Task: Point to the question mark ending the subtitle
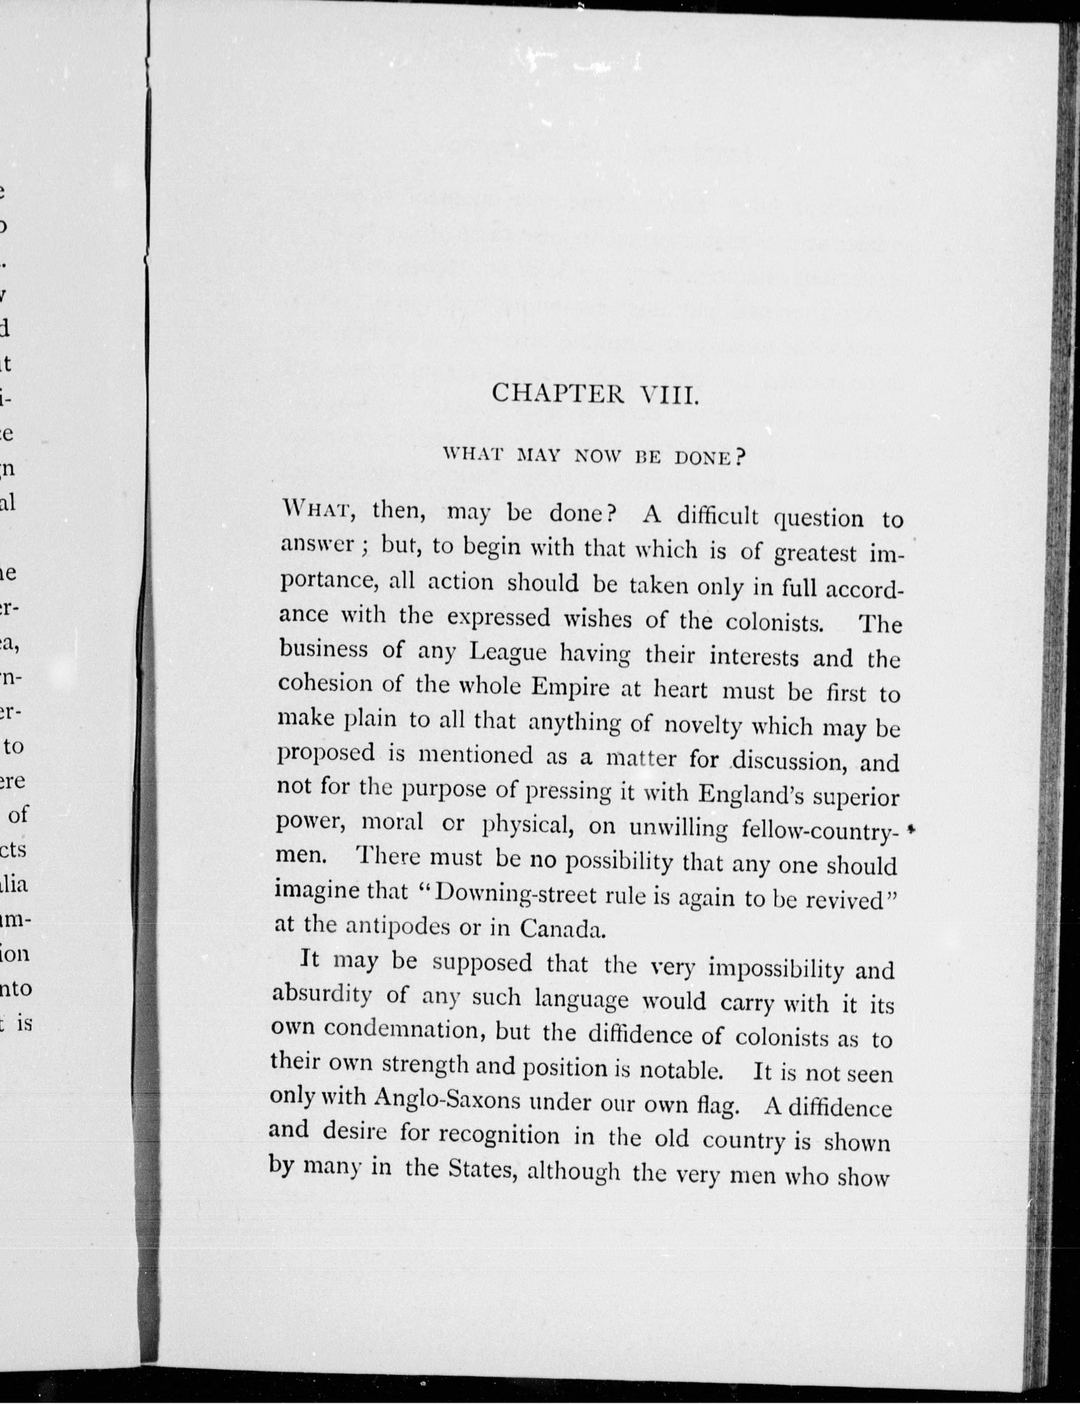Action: tap(739, 457)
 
